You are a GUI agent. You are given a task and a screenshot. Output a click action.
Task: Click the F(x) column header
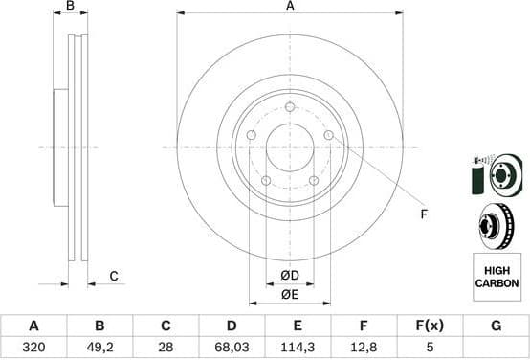tap(430, 326)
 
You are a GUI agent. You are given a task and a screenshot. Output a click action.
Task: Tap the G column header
tap(495, 326)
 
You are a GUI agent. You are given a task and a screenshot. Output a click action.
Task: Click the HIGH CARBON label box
tap(496, 278)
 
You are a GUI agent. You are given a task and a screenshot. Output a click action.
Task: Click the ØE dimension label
tap(289, 295)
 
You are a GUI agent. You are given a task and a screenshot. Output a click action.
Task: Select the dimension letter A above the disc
tap(290, 7)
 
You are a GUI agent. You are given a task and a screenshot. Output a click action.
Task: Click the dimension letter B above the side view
tap(70, 7)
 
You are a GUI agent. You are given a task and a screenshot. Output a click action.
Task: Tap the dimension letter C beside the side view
tap(113, 277)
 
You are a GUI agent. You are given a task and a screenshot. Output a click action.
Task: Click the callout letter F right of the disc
tap(422, 214)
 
